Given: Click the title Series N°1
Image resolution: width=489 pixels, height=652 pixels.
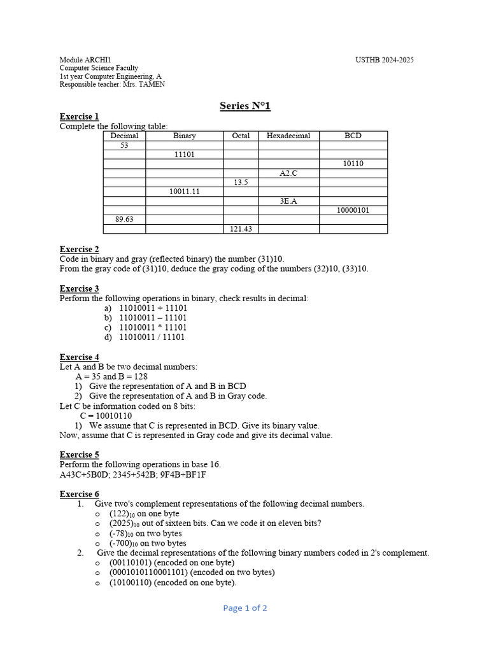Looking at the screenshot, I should tap(245, 106).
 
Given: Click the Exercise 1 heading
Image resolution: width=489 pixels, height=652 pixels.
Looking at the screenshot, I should tap(79, 117).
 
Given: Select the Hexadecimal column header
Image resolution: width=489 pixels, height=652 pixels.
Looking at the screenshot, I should tap(288, 136).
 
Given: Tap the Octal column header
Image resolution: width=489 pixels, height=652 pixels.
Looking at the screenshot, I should tap(241, 136).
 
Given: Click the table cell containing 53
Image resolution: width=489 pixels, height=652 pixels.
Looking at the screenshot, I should tap(124, 145).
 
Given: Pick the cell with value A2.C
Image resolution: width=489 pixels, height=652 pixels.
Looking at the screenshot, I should tap(288, 173).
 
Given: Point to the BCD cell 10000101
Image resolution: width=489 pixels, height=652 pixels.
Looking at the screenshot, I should tap(353, 210).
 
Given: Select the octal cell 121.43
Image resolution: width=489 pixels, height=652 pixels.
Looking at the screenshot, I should tap(241, 229).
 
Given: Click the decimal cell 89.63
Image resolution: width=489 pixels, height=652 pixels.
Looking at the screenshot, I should tap(124, 219).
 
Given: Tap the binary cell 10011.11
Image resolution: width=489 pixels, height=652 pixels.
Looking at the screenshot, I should tap(185, 192).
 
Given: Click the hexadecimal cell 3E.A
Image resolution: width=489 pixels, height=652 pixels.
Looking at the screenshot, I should tap(288, 201).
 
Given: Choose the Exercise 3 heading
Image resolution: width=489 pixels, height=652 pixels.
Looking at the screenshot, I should tap(79, 288).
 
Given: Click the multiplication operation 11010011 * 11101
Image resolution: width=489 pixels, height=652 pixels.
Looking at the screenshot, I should tap(153, 327).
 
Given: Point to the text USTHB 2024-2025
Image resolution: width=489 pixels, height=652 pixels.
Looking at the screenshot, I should tap(385, 60).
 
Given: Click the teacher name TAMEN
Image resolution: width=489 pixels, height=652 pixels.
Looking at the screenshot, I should tap(152, 85).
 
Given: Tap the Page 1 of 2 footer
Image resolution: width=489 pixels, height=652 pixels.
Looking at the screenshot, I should tap(245, 608).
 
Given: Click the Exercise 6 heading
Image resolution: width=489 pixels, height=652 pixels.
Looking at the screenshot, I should tap(79, 494).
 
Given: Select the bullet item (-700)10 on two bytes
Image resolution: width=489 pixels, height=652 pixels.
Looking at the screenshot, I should tap(148, 543).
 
